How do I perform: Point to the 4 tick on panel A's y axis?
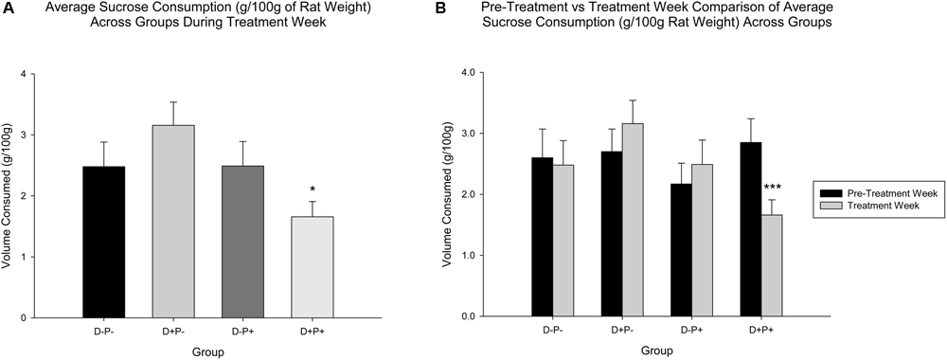[60, 74]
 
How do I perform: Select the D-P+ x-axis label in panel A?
[242, 331]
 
